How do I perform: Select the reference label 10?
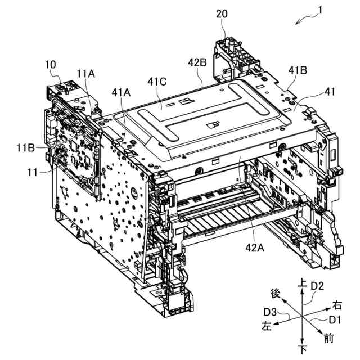51,65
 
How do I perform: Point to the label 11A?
86,73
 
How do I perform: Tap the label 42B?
197,62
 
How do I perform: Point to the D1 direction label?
335,319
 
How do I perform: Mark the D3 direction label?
269,311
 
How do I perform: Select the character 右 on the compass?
337,305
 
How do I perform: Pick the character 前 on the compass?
328,339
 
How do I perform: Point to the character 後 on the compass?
276,293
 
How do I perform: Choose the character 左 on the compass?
265,326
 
